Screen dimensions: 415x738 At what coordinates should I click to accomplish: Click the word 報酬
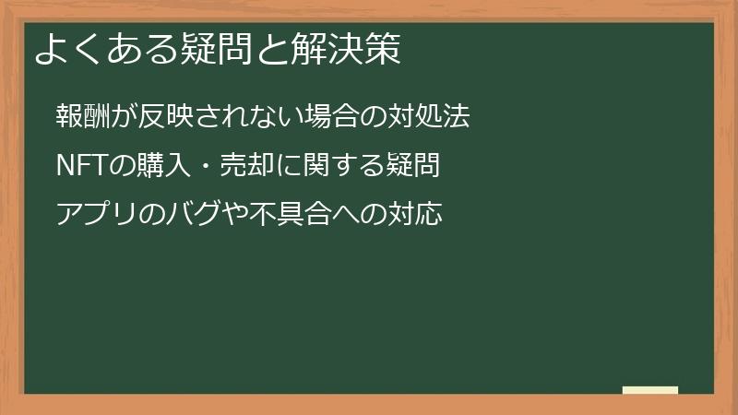(x=83, y=117)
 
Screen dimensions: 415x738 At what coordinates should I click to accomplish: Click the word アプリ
(x=96, y=215)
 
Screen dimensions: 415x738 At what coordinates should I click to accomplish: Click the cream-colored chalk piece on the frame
(x=650, y=390)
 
